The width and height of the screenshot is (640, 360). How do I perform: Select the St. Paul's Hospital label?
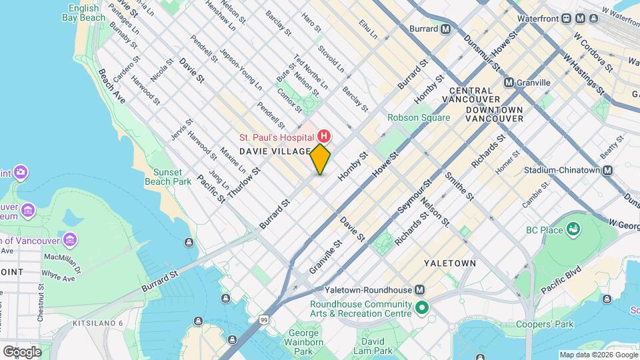[277, 137]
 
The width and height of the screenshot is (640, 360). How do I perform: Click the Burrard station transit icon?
[445, 29]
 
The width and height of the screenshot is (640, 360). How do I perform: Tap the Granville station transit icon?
[509, 83]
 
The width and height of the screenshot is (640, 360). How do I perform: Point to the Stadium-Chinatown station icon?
[607, 170]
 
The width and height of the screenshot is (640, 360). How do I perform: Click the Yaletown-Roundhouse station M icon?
[420, 290]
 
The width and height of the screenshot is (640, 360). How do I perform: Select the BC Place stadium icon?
[573, 230]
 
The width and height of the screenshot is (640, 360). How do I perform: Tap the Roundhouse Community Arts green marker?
[421, 309]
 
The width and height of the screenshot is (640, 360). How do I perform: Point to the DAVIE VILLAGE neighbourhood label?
[275, 151]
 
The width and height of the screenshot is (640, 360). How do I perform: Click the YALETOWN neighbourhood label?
[450, 263]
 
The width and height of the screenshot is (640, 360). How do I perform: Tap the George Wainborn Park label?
[303, 341]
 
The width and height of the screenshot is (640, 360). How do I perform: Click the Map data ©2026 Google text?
[598, 355]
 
